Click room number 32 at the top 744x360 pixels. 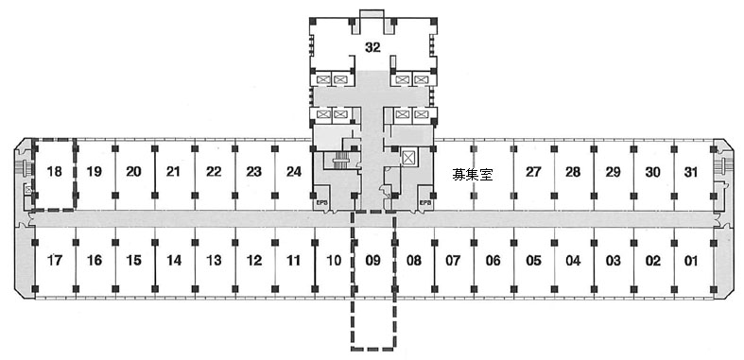373,48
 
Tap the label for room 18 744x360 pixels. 55,171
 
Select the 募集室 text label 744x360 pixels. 472,175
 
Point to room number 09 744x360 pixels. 373,261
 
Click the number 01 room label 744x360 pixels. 691,261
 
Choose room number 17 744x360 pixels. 55,261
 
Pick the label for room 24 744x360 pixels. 294,171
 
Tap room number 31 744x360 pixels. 692,171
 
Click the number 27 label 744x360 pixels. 533,171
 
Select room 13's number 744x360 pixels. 214,261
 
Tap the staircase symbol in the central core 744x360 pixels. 338,161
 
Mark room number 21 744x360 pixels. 174,171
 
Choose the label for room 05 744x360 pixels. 533,261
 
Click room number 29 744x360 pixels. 613,171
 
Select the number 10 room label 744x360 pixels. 334,261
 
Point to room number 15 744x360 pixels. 134,261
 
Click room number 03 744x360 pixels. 613,261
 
